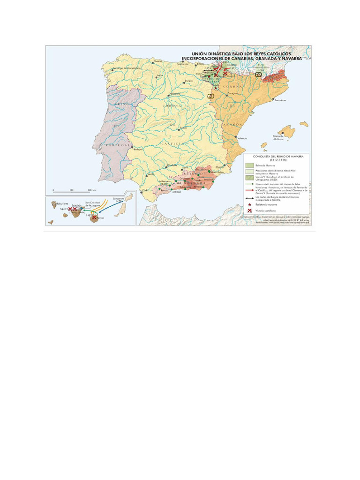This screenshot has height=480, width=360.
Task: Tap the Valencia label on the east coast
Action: click(x=242, y=138)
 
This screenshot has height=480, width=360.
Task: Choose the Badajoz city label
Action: click(x=138, y=150)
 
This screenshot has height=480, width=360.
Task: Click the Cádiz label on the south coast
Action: click(x=145, y=190)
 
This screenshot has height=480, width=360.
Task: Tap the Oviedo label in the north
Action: click(x=158, y=61)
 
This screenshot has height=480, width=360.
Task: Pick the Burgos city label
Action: click(x=189, y=81)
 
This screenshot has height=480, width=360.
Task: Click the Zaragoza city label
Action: click(x=233, y=93)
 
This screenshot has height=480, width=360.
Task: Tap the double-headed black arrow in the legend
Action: click(x=250, y=198)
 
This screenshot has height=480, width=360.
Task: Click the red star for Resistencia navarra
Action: click(x=250, y=205)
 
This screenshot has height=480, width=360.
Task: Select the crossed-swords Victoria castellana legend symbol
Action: click(x=250, y=210)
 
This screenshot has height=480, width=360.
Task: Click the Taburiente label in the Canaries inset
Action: click(x=63, y=204)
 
